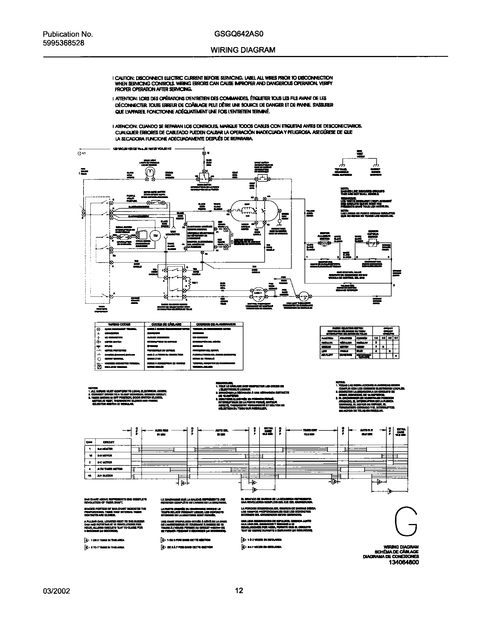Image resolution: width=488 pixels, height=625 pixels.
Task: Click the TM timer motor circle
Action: (x=155, y=236)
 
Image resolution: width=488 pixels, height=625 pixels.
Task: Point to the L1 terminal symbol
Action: (x=80, y=154)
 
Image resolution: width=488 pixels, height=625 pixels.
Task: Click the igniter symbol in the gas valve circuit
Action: (x=324, y=244)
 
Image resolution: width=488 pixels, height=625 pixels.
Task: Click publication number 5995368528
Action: (x=64, y=43)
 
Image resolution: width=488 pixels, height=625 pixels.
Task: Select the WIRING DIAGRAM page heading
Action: (x=243, y=50)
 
